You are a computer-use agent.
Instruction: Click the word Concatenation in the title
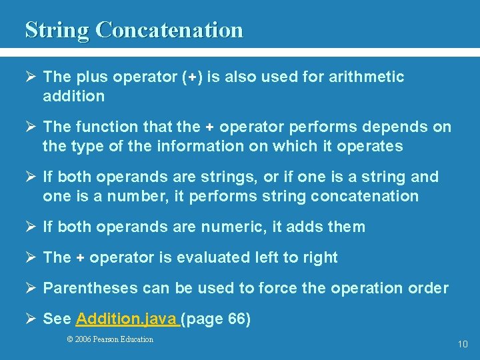[x=169, y=30]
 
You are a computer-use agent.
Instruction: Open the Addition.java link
[x=127, y=319]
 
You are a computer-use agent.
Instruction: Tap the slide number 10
[x=463, y=345]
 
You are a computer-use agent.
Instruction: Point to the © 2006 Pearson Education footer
[x=110, y=339]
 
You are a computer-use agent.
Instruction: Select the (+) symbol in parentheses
[x=192, y=77]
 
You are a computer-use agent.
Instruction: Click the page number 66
[x=236, y=319]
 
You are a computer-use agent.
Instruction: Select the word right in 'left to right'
[x=319, y=257]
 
